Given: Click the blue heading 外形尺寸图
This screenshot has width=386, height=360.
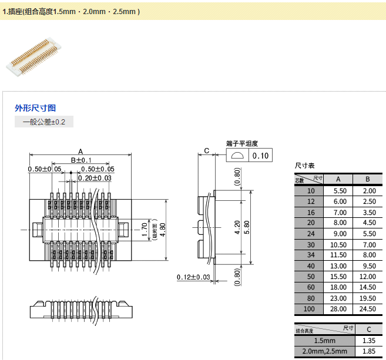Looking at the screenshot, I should point(35,108).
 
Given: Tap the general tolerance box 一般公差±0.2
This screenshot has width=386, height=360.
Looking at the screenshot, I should point(44,122).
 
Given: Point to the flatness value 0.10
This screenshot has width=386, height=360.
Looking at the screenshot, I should point(260,156).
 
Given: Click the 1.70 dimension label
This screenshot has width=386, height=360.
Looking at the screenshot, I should point(145,227).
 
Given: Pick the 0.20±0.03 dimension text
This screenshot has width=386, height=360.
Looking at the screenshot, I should point(95,178).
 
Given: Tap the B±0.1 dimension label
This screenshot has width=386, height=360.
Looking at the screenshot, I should point(81,160).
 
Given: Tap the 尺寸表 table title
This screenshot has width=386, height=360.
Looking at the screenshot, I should point(304,166).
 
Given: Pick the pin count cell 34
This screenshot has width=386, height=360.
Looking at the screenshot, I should point(311,255).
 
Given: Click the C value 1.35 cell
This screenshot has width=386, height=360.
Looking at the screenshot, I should point(369,341).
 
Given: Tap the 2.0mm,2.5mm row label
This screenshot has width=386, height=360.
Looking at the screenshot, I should point(324,351).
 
